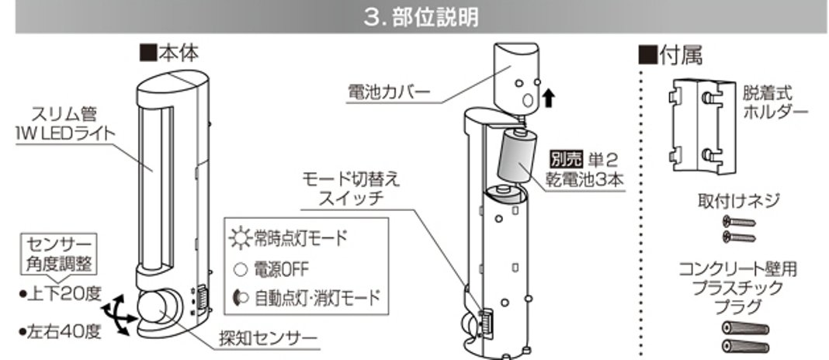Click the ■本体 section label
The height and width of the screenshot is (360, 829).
(x=168, y=53)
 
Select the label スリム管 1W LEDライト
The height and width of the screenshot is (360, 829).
(x=69, y=124)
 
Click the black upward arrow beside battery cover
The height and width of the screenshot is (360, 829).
(x=549, y=97)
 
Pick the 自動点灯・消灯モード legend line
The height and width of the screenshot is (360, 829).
(x=307, y=298)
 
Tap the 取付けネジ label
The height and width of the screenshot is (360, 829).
(x=739, y=201)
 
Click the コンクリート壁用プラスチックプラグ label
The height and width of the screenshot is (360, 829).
(x=737, y=286)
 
